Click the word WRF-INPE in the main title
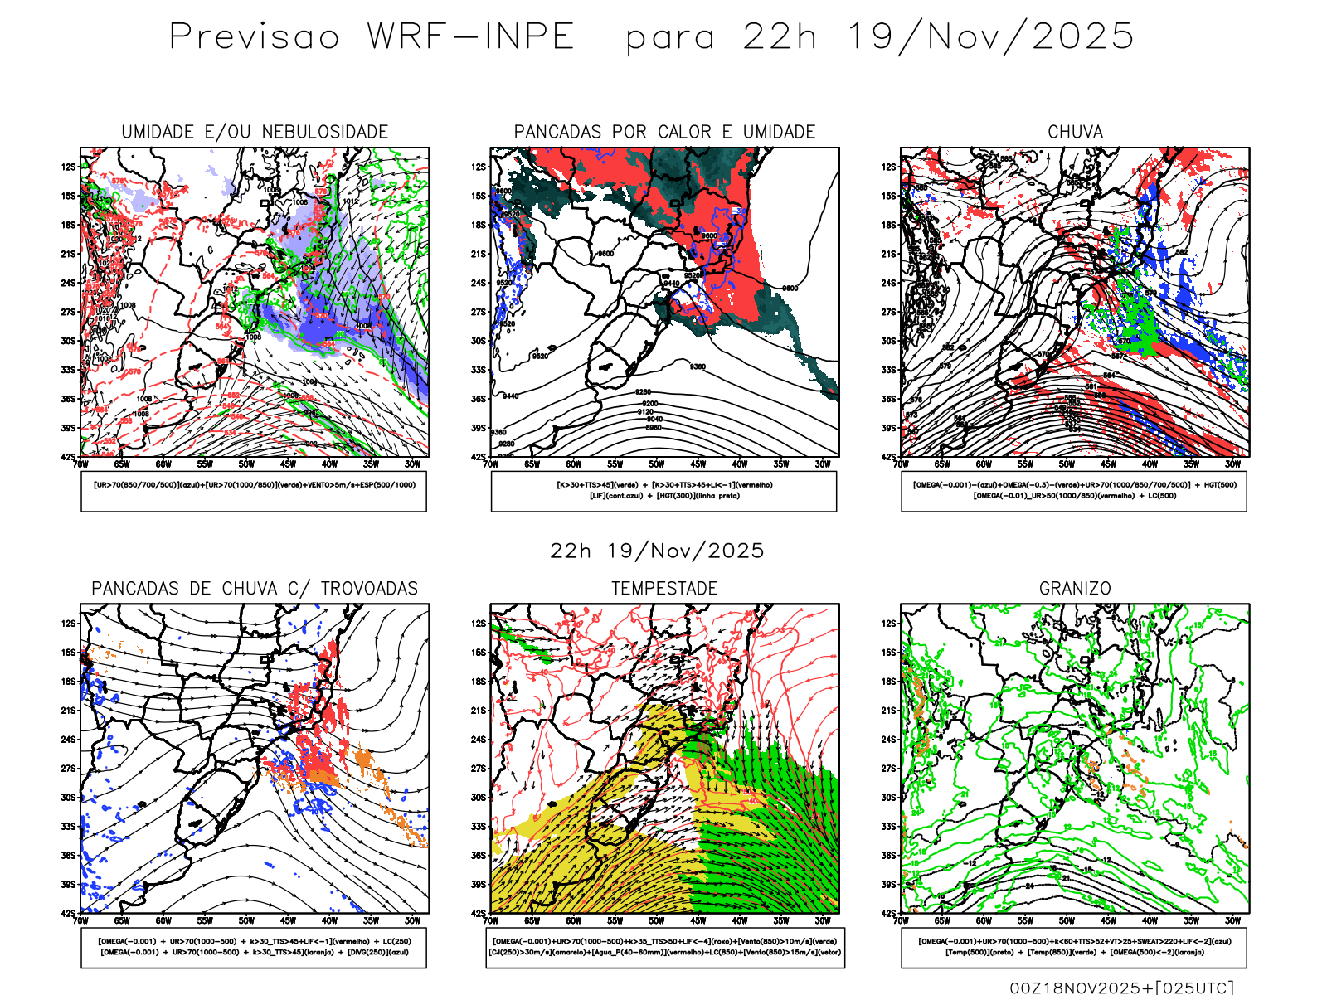coord(470,37)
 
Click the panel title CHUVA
coord(1075,132)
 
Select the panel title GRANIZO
coord(1075,589)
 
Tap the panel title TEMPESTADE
coord(664,589)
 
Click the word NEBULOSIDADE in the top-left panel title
coord(324,132)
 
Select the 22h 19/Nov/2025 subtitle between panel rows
coord(657,551)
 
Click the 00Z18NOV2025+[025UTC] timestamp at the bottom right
coord(1121,988)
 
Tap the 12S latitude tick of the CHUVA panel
coord(889,167)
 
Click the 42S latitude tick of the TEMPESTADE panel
coord(479,914)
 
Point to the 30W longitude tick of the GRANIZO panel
coord(1233,921)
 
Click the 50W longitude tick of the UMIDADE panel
coord(246,464)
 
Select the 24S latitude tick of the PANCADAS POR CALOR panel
coord(479,284)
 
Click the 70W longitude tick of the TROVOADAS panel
coord(80,921)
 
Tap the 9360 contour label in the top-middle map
coord(698,366)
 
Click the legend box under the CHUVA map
coord(1074,491)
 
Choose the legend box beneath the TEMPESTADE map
coord(665,947)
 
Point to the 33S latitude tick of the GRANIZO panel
coord(889,827)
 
